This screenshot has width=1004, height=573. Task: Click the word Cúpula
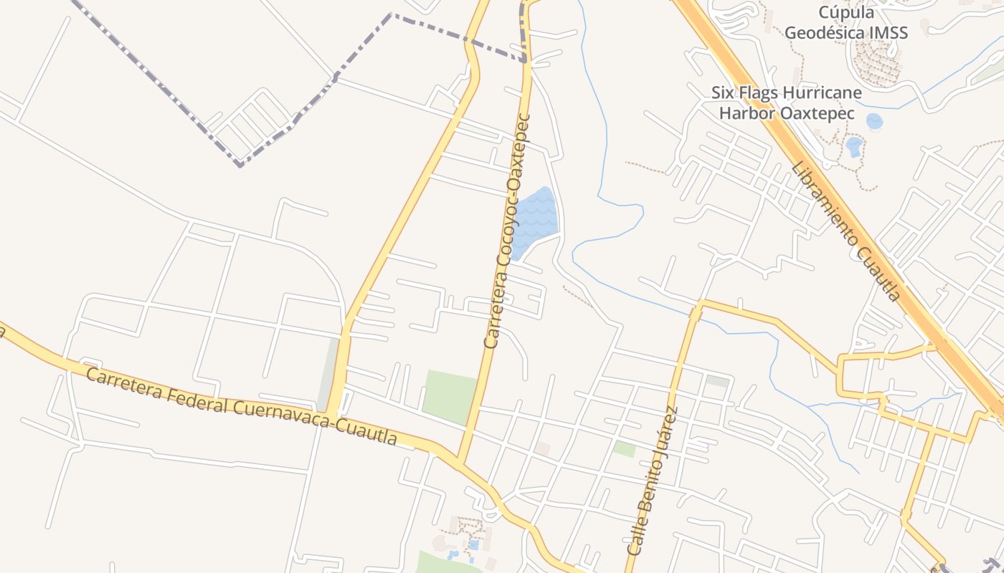click(x=846, y=12)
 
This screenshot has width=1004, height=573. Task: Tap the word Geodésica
click(x=829, y=32)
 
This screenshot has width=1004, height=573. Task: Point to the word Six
click(x=724, y=93)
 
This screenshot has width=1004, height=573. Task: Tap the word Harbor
click(x=744, y=114)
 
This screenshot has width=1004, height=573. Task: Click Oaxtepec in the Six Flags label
click(x=808, y=114)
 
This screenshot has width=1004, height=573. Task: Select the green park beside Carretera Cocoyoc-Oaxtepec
click(x=449, y=395)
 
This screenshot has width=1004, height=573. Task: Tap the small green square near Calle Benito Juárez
click(x=624, y=448)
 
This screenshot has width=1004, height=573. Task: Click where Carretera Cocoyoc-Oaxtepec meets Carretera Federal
click(x=458, y=460)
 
